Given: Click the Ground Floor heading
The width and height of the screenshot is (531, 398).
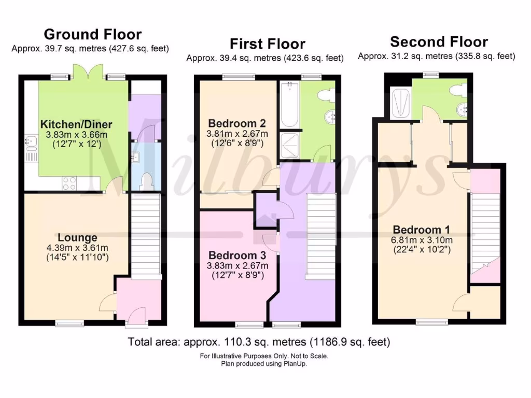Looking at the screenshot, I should (92, 35).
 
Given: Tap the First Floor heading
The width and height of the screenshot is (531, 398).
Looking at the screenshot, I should (267, 44).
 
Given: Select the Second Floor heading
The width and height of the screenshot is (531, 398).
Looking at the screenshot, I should (439, 41).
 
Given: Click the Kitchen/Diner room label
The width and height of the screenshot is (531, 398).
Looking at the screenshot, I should (76, 124).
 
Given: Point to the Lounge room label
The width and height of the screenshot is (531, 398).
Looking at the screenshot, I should (77, 238).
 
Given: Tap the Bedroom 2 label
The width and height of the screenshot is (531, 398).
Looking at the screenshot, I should (237, 123).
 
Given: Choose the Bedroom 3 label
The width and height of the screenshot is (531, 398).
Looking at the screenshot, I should (237, 255).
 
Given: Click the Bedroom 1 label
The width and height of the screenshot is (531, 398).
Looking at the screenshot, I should (421, 230).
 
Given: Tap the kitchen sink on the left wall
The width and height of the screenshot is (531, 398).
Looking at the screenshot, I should (30, 140).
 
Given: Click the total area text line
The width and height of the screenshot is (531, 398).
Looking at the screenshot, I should (259, 342).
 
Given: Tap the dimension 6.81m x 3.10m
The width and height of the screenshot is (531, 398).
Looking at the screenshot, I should (421, 240).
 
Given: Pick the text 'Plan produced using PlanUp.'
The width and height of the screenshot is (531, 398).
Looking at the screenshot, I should (263, 364).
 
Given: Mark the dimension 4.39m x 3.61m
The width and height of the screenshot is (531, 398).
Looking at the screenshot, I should (77, 248).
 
